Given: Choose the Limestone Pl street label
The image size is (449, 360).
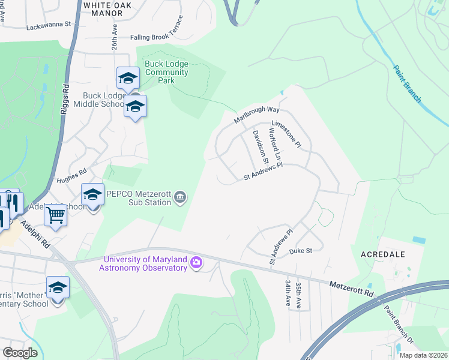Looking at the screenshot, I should (290, 134).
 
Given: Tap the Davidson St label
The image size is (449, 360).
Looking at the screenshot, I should (260, 143).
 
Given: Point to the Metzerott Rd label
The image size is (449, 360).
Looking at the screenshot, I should (352, 289).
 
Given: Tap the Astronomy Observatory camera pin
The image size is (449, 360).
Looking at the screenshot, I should (196, 263).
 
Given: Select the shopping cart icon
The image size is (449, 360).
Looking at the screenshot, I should (55, 215).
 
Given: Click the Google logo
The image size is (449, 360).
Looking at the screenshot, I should (20, 353).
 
